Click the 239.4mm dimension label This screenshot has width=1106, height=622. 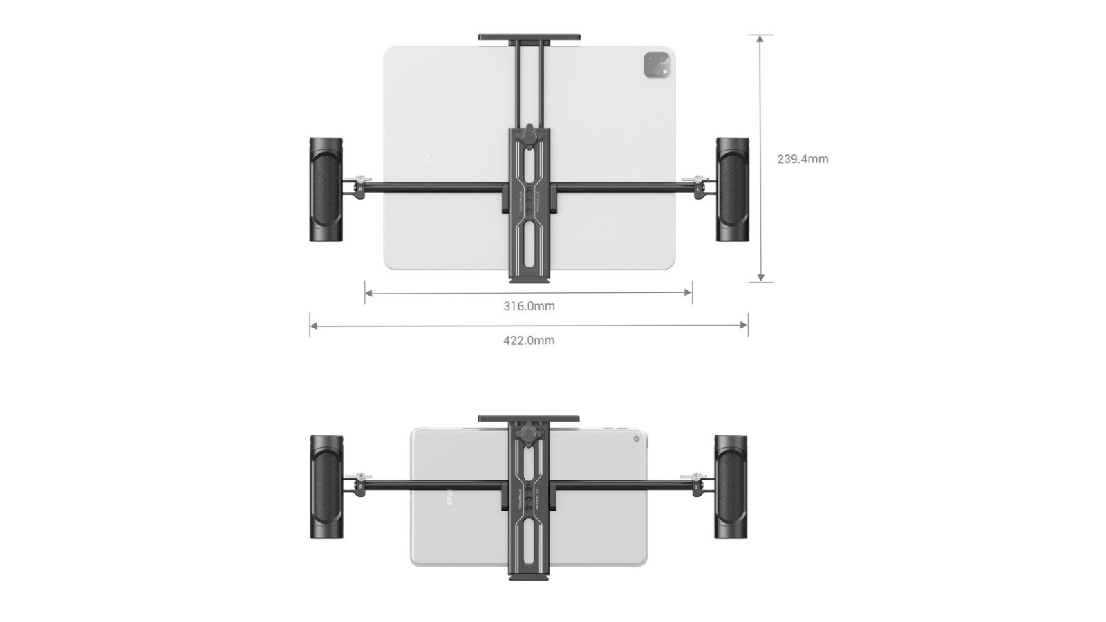[802, 159]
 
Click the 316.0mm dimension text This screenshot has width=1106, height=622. [529, 306]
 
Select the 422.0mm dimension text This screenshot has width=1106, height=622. [529, 340]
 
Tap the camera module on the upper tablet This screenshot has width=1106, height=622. [657, 65]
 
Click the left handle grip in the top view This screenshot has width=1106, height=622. [326, 189]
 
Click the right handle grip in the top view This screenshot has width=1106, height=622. [731, 189]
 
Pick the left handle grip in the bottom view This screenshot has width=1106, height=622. [326, 487]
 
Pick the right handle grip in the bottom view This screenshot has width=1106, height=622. [731, 487]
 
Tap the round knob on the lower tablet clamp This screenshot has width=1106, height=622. [529, 435]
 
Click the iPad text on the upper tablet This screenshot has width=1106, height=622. [427, 159]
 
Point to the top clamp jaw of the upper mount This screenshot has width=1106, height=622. [529, 37]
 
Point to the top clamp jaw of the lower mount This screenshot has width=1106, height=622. [529, 419]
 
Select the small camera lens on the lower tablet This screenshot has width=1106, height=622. [637, 439]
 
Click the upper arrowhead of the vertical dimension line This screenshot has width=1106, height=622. [760, 39]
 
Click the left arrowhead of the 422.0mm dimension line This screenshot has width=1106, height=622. [313, 325]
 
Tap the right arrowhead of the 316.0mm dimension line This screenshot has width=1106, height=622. [688, 292]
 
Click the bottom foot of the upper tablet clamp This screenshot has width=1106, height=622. [529, 279]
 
